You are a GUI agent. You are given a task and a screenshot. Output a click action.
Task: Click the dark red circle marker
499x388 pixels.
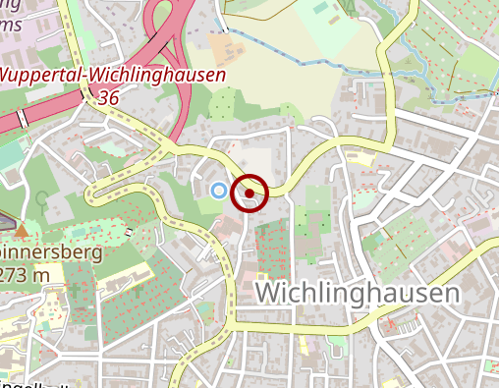click(249, 194)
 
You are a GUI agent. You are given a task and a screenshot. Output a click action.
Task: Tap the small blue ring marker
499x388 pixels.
click(219, 190)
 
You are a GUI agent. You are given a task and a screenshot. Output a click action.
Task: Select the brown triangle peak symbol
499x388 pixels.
click(22, 231)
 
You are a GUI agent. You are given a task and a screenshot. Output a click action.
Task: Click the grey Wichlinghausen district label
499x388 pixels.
click(357, 294)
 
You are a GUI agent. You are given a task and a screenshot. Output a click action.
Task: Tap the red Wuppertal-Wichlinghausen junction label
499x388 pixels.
click(113, 76)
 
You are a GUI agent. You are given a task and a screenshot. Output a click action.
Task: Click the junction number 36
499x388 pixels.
click(109, 98)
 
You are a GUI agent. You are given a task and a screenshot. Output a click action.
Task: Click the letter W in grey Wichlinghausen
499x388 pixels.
click(267, 294)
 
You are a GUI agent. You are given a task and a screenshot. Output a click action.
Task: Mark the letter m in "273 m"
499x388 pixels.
click(41, 276)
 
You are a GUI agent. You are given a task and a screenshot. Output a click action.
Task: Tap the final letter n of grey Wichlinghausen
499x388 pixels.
click(451, 294)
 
